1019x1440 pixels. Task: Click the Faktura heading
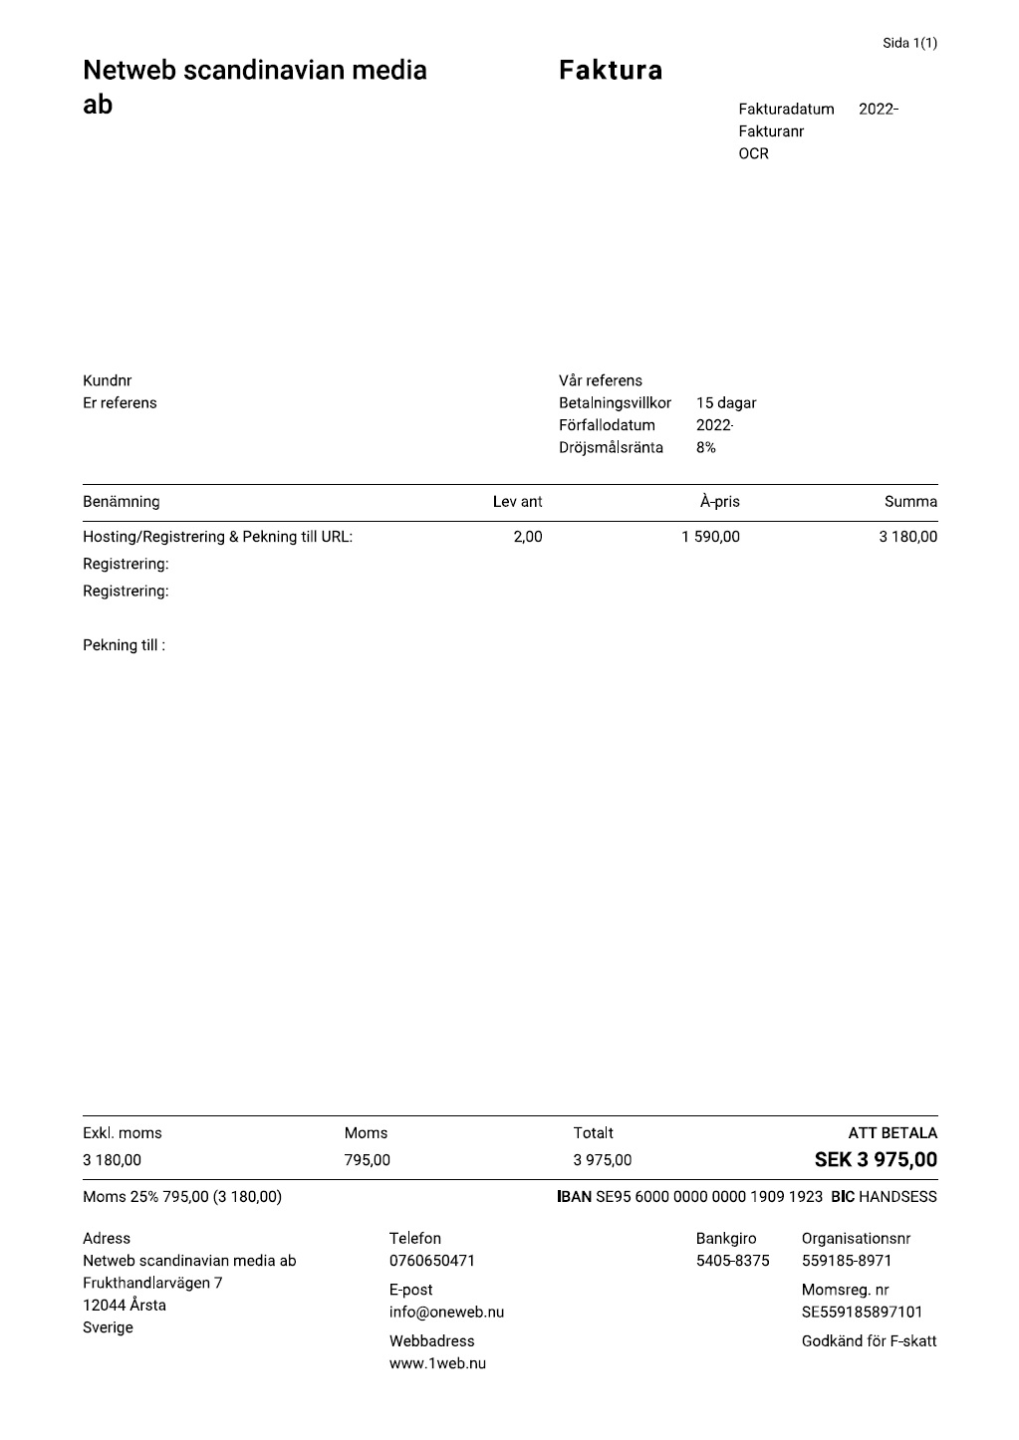click(x=610, y=71)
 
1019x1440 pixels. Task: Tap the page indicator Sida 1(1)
click(x=909, y=43)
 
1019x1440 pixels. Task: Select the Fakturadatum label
click(x=786, y=110)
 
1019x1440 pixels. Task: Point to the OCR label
click(x=753, y=153)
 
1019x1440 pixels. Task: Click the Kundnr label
click(x=107, y=380)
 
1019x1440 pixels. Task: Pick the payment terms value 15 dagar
click(x=725, y=403)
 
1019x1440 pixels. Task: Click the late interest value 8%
click(x=705, y=447)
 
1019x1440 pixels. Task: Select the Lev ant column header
click(x=517, y=502)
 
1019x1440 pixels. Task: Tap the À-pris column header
click(x=719, y=502)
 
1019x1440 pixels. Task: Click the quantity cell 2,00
click(x=527, y=537)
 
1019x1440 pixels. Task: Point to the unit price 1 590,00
click(x=710, y=537)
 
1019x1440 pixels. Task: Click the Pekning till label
click(x=124, y=645)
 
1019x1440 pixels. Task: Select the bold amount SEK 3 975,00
click(x=876, y=1160)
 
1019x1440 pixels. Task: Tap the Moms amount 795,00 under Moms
click(x=367, y=1160)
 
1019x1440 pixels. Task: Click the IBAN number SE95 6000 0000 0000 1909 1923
click(x=708, y=1197)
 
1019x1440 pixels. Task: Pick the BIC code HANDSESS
click(x=897, y=1197)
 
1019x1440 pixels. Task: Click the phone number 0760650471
click(x=431, y=1261)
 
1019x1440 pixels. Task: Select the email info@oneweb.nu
click(x=446, y=1313)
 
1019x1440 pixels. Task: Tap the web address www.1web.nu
click(x=437, y=1363)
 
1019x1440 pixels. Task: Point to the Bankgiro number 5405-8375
click(x=732, y=1261)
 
